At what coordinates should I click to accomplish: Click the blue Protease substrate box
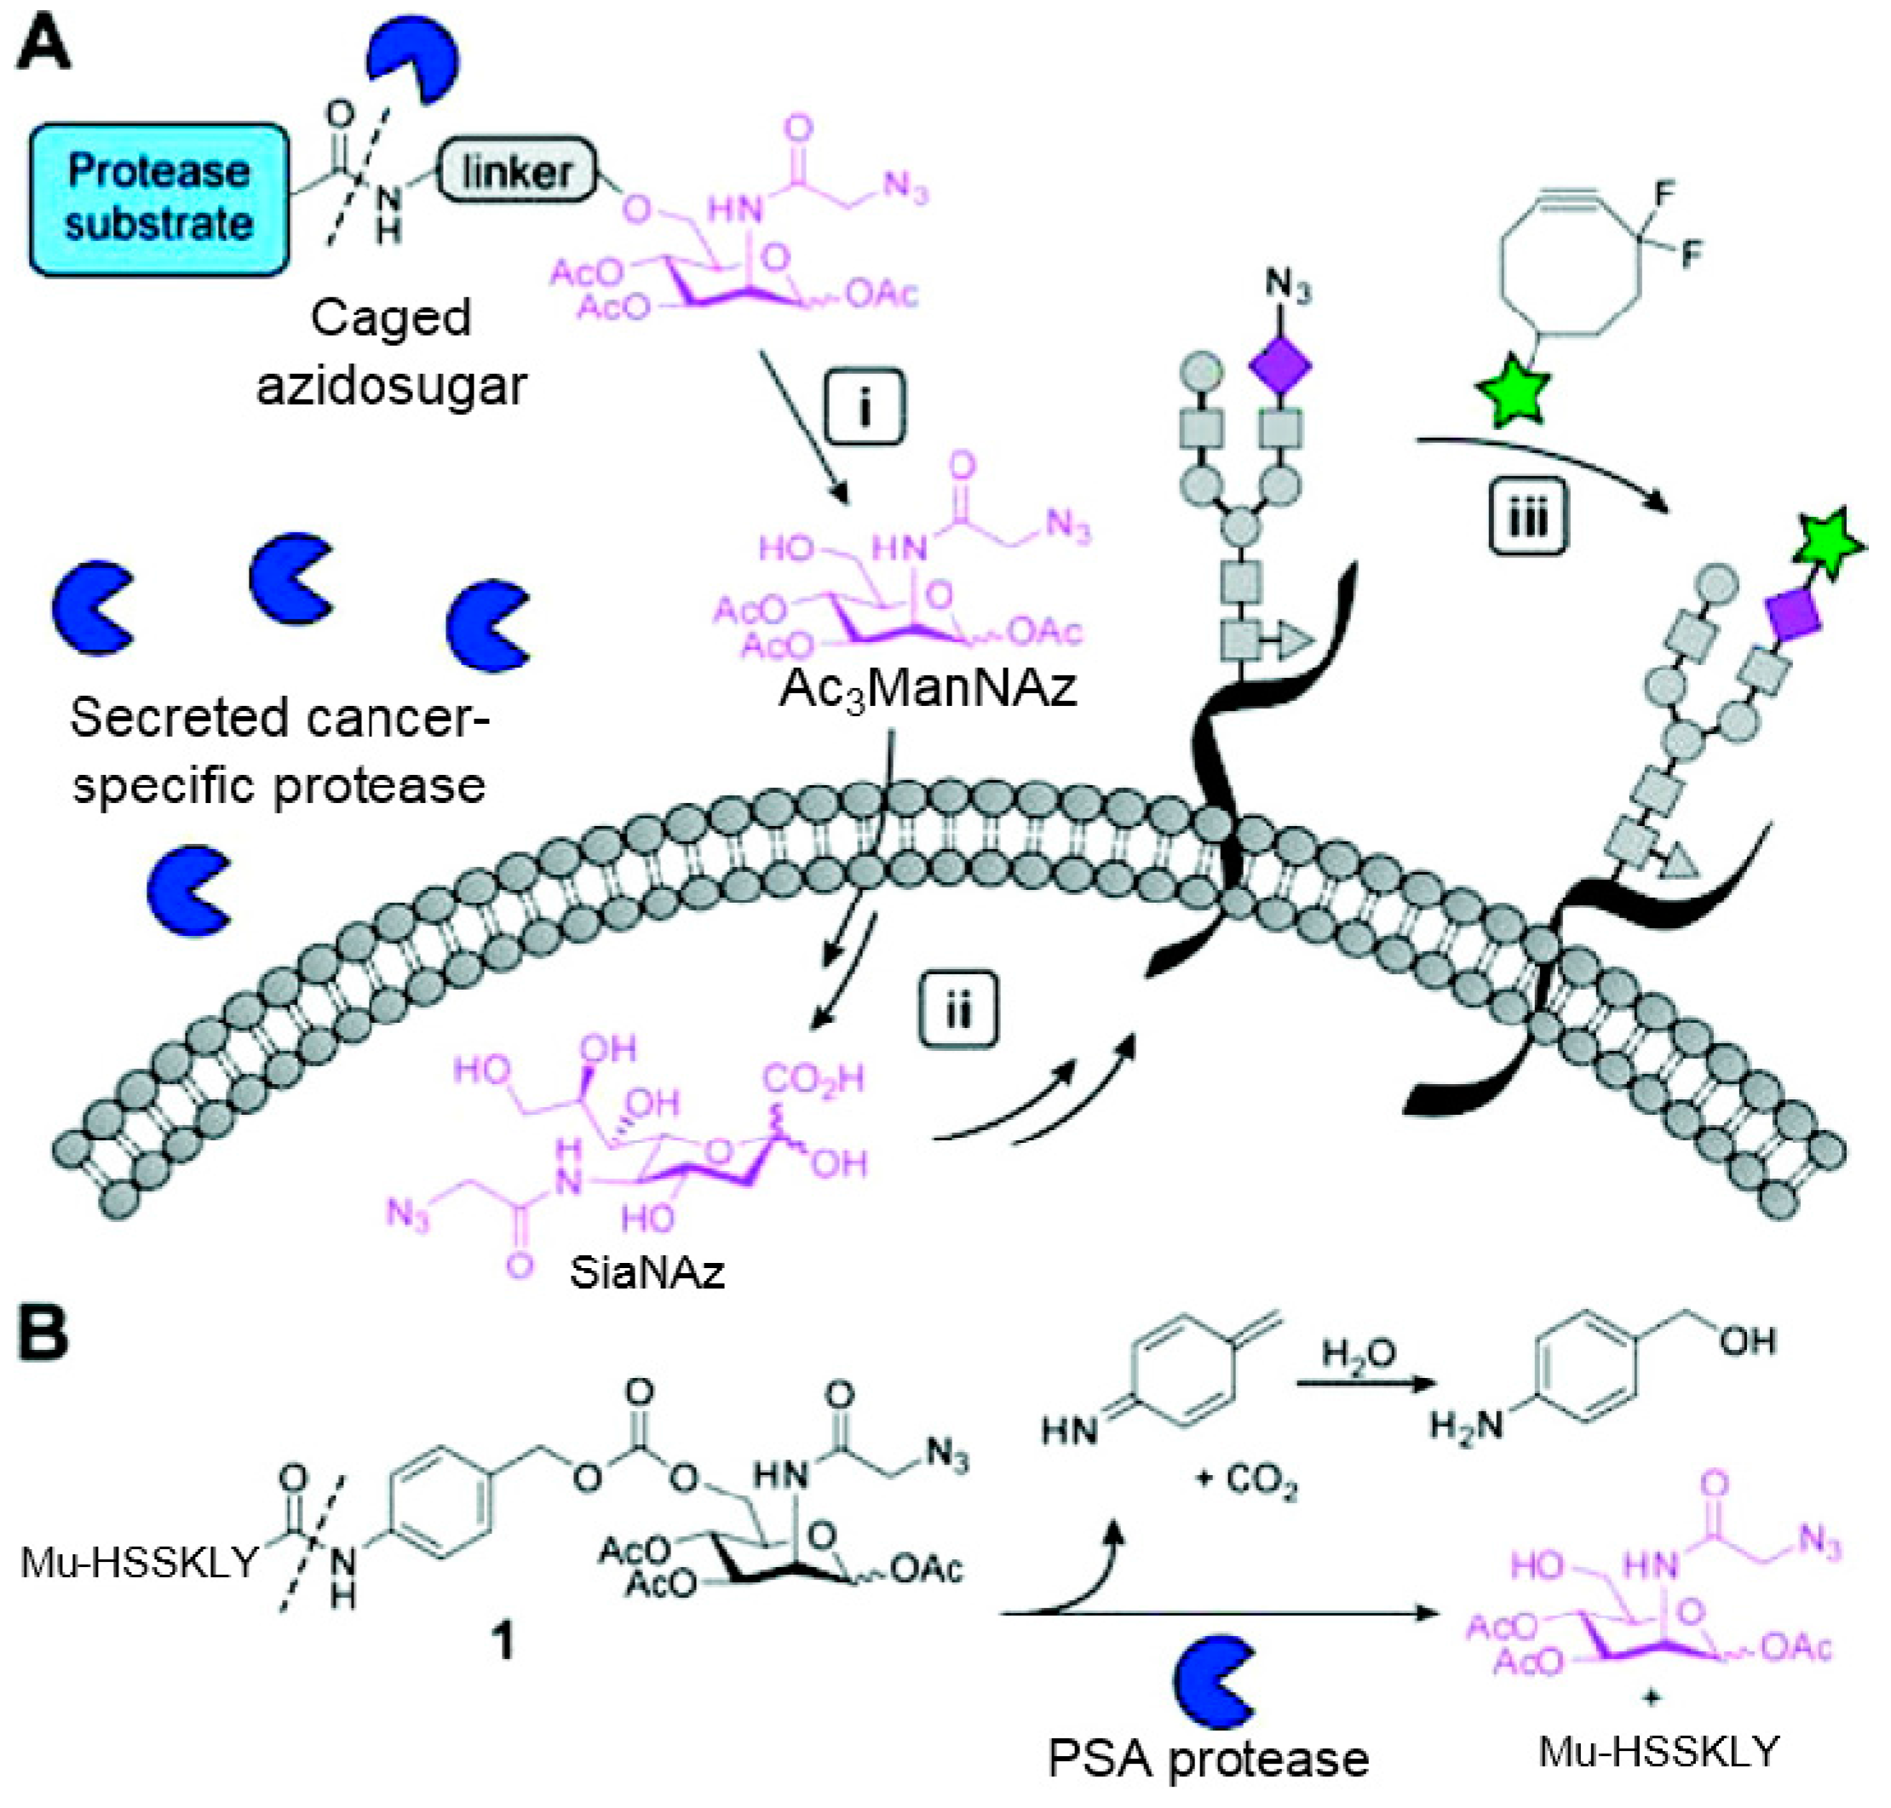click(159, 198)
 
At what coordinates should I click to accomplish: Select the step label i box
click(865, 408)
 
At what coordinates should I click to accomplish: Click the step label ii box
click(957, 1010)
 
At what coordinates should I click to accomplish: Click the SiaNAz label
click(646, 1272)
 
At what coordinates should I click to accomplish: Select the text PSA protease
click(1208, 1759)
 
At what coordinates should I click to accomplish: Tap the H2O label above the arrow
click(1358, 1354)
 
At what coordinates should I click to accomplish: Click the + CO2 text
click(1245, 1477)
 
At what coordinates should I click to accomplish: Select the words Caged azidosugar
click(390, 352)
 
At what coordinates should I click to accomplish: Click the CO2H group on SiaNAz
click(814, 1079)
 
